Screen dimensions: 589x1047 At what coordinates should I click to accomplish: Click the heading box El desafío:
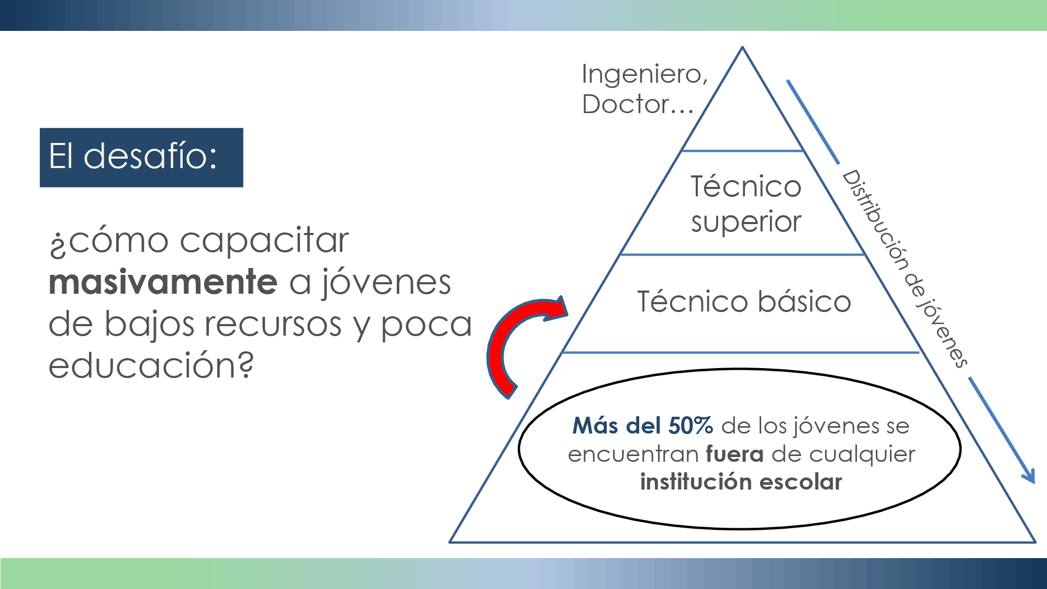[x=141, y=157]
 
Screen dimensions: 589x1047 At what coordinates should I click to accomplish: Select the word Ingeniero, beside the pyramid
[x=644, y=74]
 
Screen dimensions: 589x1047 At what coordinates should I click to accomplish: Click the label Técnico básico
[x=744, y=302]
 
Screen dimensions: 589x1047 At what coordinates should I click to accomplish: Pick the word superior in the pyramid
[x=746, y=222]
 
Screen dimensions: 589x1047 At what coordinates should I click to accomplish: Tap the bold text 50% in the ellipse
[x=690, y=426]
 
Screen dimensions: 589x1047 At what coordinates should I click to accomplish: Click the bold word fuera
[x=734, y=454]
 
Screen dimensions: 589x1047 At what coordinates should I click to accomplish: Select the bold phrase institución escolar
[x=741, y=482]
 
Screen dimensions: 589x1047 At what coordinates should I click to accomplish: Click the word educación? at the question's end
[x=151, y=365]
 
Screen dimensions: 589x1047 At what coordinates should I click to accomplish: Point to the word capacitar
[x=264, y=241]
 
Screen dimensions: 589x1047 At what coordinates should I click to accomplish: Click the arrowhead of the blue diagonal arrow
[x=1029, y=476]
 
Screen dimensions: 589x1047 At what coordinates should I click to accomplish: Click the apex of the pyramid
[x=742, y=48]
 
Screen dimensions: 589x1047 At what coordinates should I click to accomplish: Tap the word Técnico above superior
[x=746, y=187]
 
